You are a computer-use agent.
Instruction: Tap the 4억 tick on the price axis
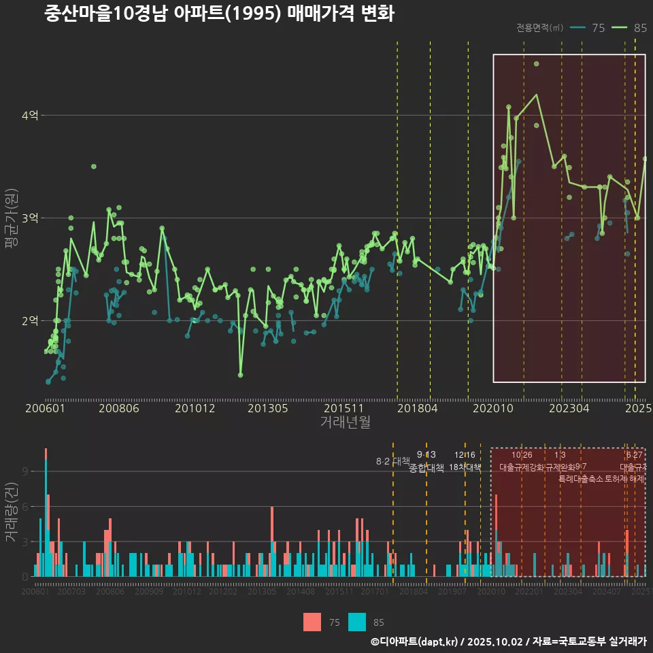(30, 116)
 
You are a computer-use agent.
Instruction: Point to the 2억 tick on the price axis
(30, 320)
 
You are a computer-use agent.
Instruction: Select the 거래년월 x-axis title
(345, 422)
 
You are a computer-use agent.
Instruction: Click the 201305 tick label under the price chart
(267, 408)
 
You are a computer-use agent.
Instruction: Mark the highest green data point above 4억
(536, 64)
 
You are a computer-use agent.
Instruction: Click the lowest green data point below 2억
(241, 375)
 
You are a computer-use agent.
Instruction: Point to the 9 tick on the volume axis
(25, 471)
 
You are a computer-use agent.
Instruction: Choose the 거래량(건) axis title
(11, 513)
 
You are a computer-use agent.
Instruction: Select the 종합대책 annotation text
(426, 468)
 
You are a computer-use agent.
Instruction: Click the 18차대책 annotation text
(465, 468)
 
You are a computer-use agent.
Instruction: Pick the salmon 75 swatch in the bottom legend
(312, 622)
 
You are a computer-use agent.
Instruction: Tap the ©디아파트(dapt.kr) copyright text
(415, 641)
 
